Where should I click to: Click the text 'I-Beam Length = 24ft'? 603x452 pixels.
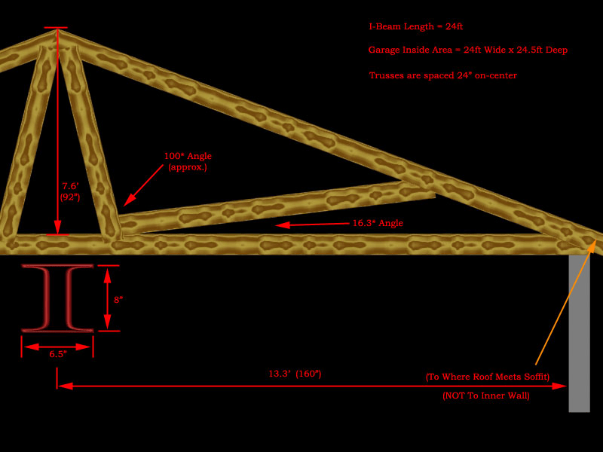pyautogui.click(x=415, y=26)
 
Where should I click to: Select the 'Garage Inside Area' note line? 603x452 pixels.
pyautogui.click(x=467, y=50)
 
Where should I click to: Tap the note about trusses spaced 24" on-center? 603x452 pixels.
pyautogui.click(x=442, y=75)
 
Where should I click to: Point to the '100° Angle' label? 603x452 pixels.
pyautogui.click(x=188, y=156)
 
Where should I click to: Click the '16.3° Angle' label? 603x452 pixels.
pyautogui.click(x=378, y=223)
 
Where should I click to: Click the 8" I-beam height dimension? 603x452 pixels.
pyautogui.click(x=118, y=299)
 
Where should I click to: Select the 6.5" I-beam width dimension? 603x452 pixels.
pyautogui.click(x=57, y=353)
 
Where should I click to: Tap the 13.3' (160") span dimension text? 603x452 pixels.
pyautogui.click(x=295, y=374)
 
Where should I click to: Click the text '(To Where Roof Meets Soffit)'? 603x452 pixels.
pyautogui.click(x=487, y=377)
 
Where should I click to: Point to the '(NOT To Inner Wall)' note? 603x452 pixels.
pyautogui.click(x=485, y=395)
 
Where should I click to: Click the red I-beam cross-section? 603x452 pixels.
pyautogui.click(x=57, y=298)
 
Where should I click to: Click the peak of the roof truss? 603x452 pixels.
pyautogui.click(x=57, y=31)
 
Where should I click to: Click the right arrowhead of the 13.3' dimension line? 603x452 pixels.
pyautogui.click(x=561, y=386)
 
